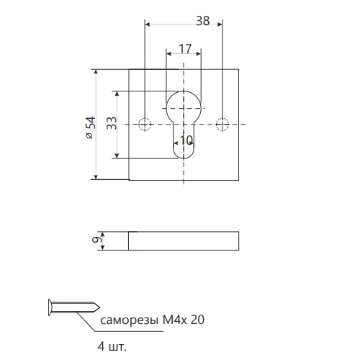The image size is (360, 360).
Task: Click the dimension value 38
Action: click(x=203, y=21)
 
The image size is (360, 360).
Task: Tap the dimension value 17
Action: click(x=185, y=49)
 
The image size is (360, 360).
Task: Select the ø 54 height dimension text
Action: click(x=91, y=128)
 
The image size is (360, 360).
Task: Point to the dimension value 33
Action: click(x=112, y=123)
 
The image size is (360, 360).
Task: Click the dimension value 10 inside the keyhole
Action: click(x=186, y=140)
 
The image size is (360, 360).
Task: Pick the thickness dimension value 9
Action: click(x=96, y=240)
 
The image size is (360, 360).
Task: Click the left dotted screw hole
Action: click(x=145, y=125)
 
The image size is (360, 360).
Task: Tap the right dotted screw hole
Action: click(x=222, y=125)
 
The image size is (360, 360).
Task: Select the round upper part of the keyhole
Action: click(x=184, y=91)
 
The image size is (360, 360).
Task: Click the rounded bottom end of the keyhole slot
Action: click(x=184, y=158)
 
